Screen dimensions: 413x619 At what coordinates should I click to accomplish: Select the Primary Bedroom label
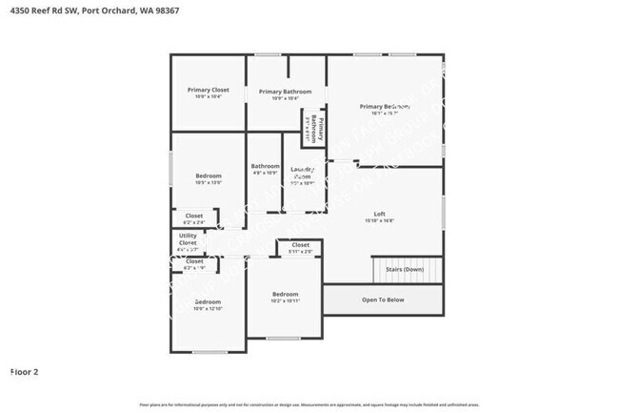click(385, 107)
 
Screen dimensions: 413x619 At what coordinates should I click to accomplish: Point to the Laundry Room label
click(302, 173)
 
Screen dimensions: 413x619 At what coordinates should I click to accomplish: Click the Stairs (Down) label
click(405, 269)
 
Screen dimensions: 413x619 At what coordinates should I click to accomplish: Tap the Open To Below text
click(383, 299)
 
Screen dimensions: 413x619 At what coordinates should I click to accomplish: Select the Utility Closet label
click(188, 239)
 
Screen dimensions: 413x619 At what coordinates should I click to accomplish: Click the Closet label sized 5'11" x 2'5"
click(300, 246)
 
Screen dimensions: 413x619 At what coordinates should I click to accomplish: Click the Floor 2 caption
click(24, 371)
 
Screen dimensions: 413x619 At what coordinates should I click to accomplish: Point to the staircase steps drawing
click(408, 270)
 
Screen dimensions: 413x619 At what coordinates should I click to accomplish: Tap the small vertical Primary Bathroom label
click(315, 129)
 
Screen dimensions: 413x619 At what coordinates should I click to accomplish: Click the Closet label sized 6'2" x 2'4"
click(194, 217)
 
